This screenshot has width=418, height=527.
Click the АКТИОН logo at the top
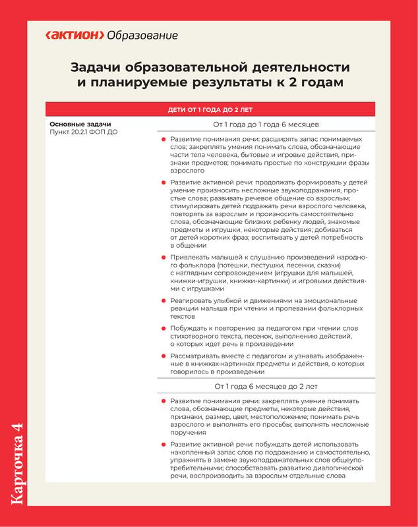73,35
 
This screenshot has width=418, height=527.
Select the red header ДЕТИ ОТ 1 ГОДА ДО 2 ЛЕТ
210,109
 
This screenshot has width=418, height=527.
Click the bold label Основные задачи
80,125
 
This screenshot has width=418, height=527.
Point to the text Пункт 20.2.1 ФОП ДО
84,133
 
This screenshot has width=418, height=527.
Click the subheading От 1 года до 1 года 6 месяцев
266,125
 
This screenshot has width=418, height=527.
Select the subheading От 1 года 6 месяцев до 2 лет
266,386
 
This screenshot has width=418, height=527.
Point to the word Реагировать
194,301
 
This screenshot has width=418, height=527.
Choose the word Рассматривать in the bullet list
200,356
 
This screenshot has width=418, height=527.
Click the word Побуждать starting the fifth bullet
191,329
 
